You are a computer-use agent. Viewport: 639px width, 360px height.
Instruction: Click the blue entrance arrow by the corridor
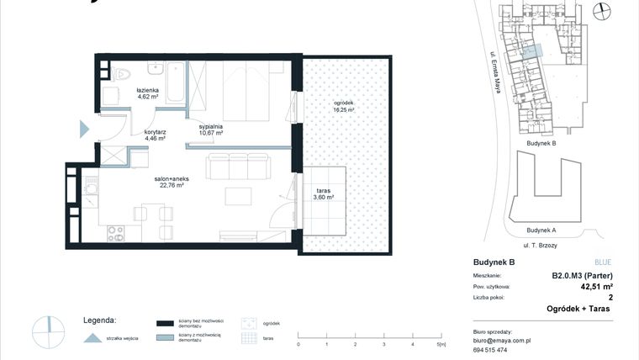coord(83,128)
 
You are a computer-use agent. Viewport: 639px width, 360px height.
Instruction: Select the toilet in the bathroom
coord(119,71)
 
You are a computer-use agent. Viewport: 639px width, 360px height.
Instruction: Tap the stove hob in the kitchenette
coord(114,234)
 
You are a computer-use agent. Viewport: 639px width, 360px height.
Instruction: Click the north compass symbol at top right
coord(600,10)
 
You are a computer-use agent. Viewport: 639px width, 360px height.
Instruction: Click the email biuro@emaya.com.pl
coord(503,341)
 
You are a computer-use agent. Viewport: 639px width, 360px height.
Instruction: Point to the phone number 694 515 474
coord(492,351)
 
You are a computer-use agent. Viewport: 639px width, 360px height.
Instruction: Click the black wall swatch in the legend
coord(165,322)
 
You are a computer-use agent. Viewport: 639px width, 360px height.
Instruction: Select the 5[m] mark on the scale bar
coord(441,345)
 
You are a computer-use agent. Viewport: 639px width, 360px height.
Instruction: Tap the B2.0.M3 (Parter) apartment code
coord(581,275)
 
